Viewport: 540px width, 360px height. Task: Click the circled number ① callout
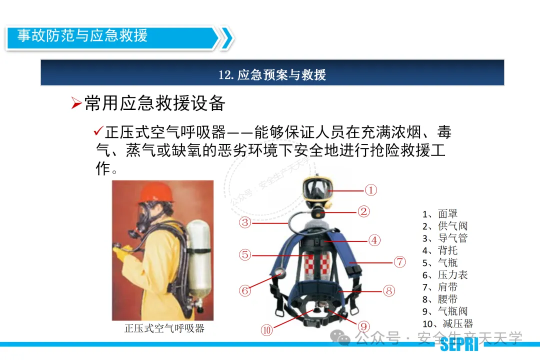(370, 190)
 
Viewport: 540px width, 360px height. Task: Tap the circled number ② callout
(363, 211)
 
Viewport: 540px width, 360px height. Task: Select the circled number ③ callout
(245, 222)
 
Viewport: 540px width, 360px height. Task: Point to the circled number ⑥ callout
(245, 290)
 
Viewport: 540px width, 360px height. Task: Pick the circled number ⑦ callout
(399, 262)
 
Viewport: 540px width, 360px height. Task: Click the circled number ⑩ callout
(266, 330)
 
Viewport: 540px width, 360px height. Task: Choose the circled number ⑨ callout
(363, 326)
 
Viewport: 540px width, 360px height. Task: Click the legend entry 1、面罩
(440, 214)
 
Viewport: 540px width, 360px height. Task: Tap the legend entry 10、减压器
(447, 324)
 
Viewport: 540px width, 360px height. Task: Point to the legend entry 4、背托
(440, 250)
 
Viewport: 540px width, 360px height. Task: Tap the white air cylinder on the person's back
(198, 258)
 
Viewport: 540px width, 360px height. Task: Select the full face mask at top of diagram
(317, 189)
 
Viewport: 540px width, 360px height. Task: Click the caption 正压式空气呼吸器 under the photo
(164, 328)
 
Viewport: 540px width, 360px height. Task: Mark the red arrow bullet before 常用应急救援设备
(76, 103)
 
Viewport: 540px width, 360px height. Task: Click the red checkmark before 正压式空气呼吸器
(98, 131)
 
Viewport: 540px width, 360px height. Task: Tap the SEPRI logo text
(459, 344)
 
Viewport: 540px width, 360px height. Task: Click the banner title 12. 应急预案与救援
(272, 75)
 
